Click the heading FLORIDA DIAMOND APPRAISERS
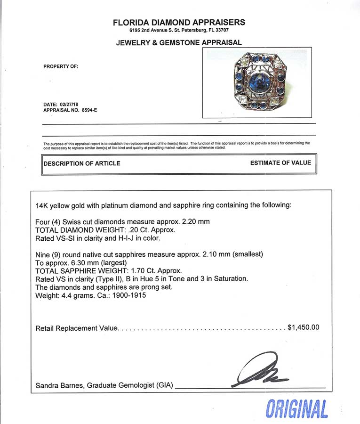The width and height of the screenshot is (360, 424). tap(179, 22)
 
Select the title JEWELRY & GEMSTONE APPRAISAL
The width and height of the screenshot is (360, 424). tap(179, 42)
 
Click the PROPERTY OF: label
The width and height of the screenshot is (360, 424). tap(61, 66)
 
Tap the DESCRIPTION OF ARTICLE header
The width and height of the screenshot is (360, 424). tap(82, 163)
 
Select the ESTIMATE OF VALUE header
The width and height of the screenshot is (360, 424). tap(280, 163)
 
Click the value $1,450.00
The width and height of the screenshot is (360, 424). tap(303, 327)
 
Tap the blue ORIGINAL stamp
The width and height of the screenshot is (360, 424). tap(296, 408)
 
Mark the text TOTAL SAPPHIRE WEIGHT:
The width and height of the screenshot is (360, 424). tap(78, 271)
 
